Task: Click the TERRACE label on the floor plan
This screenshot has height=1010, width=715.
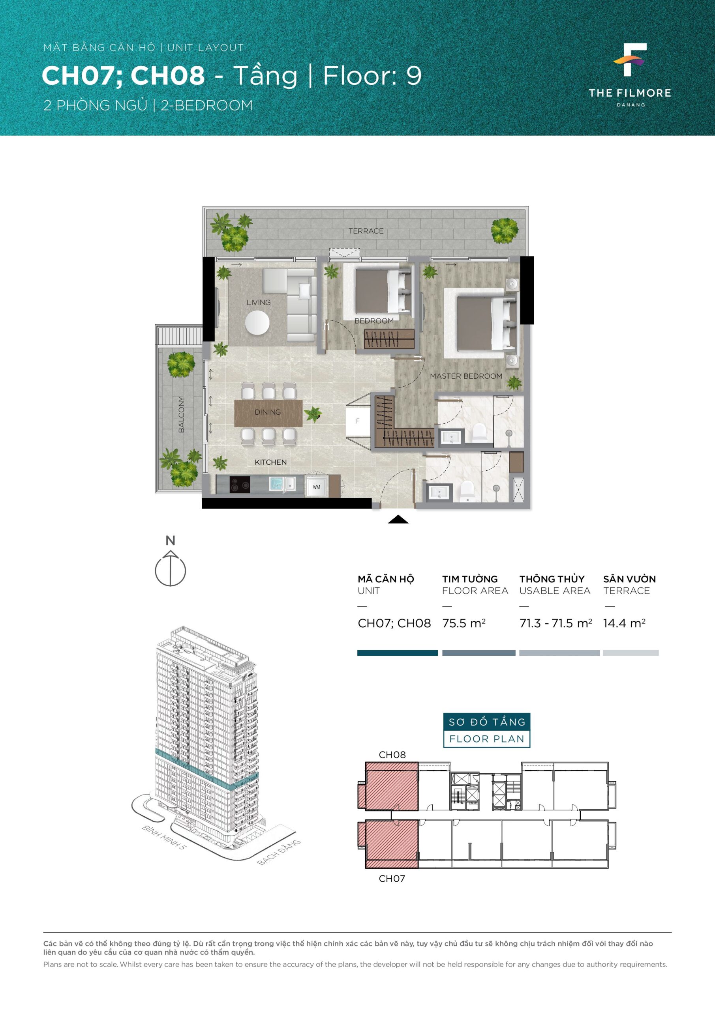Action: pos(366,231)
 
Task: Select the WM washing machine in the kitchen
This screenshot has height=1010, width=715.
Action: pos(317,486)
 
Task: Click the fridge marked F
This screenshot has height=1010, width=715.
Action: pos(358,421)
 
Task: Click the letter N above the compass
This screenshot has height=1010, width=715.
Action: pos(171,541)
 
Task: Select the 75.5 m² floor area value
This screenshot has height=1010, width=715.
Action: pos(464,623)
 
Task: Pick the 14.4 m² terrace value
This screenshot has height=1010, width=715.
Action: pos(624,623)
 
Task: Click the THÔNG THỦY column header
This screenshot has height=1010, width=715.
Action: pos(552,579)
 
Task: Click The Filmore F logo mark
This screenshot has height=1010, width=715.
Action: pos(631,60)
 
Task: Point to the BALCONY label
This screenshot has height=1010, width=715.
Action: pos(181,414)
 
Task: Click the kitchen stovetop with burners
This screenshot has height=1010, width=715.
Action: pos(240,485)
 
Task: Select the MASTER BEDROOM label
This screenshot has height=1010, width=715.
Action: pos(466,376)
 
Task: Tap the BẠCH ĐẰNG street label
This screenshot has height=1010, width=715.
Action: pos(279,852)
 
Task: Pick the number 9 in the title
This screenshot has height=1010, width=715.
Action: pos(414,76)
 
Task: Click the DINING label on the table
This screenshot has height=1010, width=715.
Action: pos(268,412)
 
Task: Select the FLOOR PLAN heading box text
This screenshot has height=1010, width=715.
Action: pos(486,739)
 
